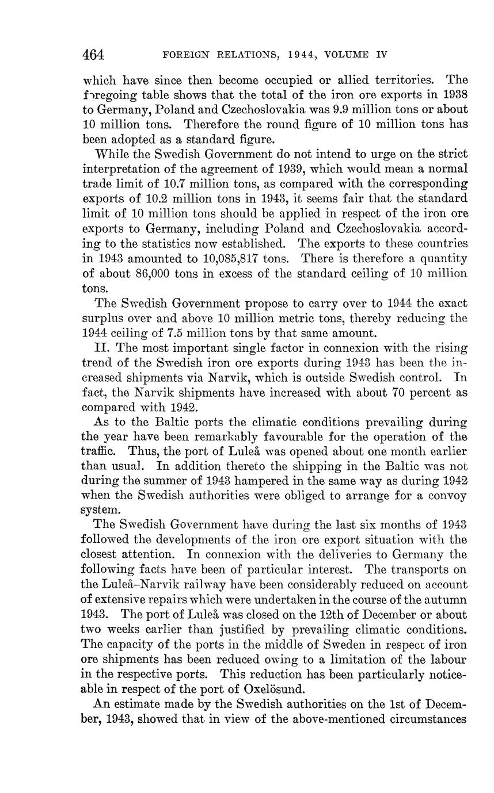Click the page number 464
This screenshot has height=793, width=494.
[93, 55]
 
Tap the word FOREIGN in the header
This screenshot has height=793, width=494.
[183, 56]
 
